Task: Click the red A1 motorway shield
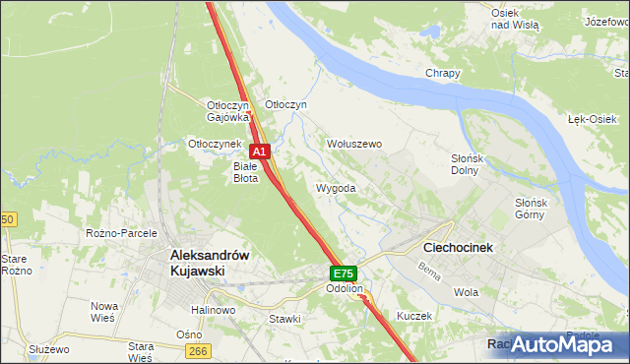click(259, 152)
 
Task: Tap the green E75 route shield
click(343, 273)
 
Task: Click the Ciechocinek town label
click(458, 248)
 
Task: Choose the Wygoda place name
click(336, 187)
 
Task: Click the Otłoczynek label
click(215, 144)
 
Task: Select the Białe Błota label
click(245, 173)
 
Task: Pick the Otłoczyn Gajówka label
click(226, 111)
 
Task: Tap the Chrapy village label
click(443, 74)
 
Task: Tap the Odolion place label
click(346, 289)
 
